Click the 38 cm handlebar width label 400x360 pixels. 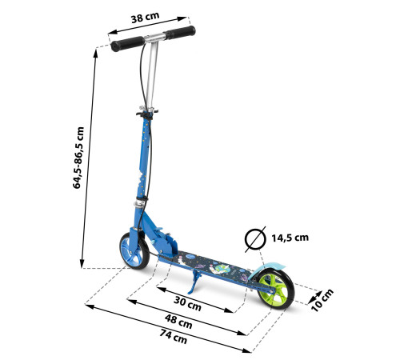pos(145,18)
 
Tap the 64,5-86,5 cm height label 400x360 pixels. pos(78,158)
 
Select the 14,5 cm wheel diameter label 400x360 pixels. pos(290,238)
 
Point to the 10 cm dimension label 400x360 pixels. pos(322,300)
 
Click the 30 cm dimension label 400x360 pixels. pos(187,303)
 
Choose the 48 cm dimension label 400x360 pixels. pos(178,322)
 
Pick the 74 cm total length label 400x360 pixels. pos(174,337)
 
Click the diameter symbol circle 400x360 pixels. pos(255,239)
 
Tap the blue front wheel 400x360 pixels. pos(134,250)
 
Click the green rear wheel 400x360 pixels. pos(275,289)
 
